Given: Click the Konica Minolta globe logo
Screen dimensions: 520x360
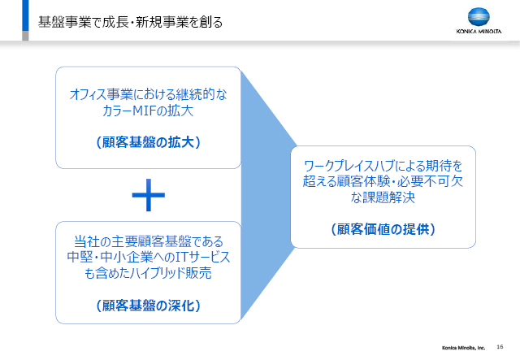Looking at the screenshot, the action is point(479,17).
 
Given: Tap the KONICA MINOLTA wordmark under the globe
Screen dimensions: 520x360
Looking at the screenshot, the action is point(479,32).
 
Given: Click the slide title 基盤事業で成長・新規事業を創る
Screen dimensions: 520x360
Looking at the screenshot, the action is point(130,22).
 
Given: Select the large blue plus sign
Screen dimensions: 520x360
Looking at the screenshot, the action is point(148,195).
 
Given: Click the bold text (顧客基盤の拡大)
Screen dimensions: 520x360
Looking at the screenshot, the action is point(148,142).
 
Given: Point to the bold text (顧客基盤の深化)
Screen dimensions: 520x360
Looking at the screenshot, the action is point(148,306).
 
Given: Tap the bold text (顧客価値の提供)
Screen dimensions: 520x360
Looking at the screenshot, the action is point(383,229).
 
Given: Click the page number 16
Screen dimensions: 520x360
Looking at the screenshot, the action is point(500,347).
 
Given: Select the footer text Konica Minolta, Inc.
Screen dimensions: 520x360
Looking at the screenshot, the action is point(463,348).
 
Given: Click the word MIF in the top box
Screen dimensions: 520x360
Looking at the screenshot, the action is point(144,111).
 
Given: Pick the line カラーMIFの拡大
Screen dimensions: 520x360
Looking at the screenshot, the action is point(148,111).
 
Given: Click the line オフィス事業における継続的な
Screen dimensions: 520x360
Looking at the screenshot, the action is point(148,94).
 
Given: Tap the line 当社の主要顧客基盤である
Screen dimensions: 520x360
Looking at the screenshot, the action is point(148,241).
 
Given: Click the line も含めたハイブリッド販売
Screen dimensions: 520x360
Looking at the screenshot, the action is point(148,273).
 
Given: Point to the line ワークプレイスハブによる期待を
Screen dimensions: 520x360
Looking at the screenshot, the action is point(383,165).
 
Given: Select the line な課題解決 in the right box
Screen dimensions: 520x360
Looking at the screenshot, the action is point(383,197).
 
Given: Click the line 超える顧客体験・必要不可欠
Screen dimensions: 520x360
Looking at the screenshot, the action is point(383,181).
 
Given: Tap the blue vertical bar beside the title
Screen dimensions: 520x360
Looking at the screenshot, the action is point(25,15).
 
